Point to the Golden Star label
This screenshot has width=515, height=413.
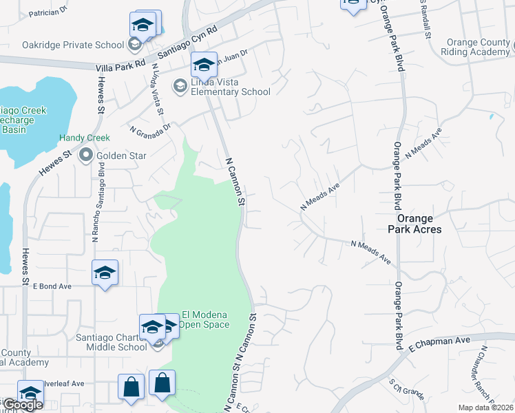click(x=121, y=156)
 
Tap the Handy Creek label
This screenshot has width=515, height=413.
click(x=84, y=138)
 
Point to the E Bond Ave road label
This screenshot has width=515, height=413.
click(x=52, y=286)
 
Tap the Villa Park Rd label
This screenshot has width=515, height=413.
click(x=121, y=63)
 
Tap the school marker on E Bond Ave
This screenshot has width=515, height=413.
click(x=105, y=273)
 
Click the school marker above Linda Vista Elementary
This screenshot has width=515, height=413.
click(x=203, y=65)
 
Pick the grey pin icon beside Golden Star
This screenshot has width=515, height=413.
click(x=86, y=156)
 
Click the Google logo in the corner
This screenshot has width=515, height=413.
click(x=23, y=405)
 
